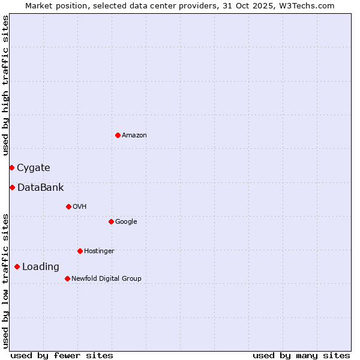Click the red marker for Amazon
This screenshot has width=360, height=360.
coord(118,135)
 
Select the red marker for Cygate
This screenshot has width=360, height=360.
coord(11,167)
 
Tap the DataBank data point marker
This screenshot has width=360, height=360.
coord(12,187)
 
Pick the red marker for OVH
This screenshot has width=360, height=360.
coord(68,206)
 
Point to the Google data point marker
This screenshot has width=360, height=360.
coord(111,221)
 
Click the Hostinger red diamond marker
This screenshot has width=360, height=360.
coord(80,251)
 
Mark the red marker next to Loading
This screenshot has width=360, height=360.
coord(17,266)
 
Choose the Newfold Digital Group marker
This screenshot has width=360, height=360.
coord(67,278)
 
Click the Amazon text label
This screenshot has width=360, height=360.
coord(134,136)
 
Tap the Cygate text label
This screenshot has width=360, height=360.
coord(34,168)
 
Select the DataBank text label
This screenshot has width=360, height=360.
coord(40,188)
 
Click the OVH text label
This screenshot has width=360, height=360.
coord(80,207)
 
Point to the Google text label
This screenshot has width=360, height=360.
coord(126,222)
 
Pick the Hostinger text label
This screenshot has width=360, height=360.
coord(99,251)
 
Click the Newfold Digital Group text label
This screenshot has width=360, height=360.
coord(106,279)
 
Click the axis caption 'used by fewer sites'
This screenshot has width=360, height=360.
coord(62,355)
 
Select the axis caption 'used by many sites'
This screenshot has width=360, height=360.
coord(301,355)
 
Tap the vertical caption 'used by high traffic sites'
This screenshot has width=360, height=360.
coord(5,85)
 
